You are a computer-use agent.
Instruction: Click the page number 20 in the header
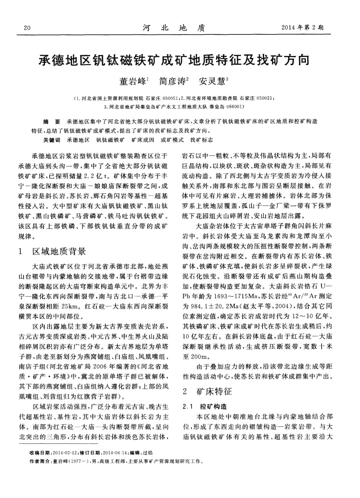[x=27, y=28]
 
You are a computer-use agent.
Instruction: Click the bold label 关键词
[x=52, y=140]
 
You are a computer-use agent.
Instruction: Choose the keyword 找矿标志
[x=202, y=140]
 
